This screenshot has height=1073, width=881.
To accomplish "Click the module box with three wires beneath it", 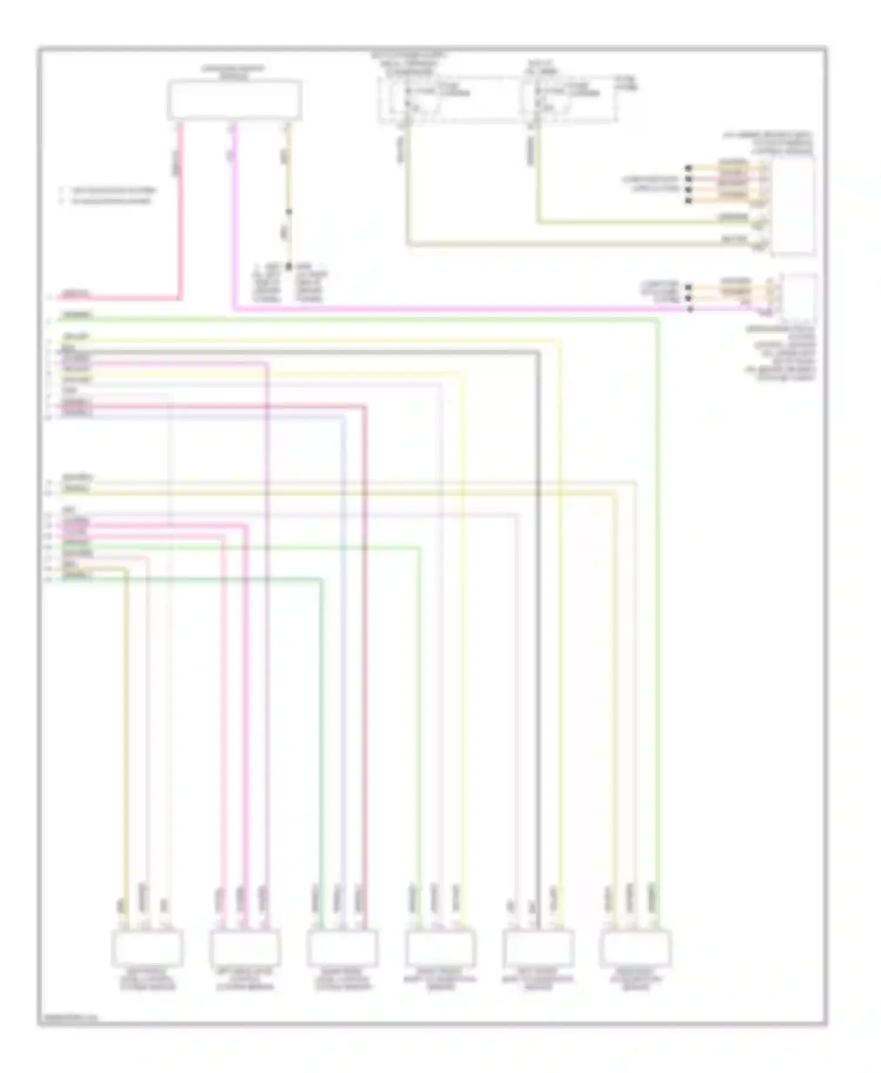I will click(x=234, y=100).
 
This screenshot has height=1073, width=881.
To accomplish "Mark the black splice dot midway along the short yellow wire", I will click(x=288, y=212).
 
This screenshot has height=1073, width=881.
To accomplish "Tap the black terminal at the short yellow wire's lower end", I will click(x=288, y=266).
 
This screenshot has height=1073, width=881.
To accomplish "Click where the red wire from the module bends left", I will click(x=180, y=298).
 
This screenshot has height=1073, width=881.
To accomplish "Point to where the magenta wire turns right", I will click(x=234, y=308).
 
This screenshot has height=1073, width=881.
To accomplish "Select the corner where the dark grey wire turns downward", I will click(x=537, y=352).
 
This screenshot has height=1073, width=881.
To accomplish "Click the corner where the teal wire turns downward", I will click(x=321, y=580).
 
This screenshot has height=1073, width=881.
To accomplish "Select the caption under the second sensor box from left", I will click(x=244, y=979).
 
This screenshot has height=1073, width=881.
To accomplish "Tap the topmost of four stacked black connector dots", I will click(x=688, y=168).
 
